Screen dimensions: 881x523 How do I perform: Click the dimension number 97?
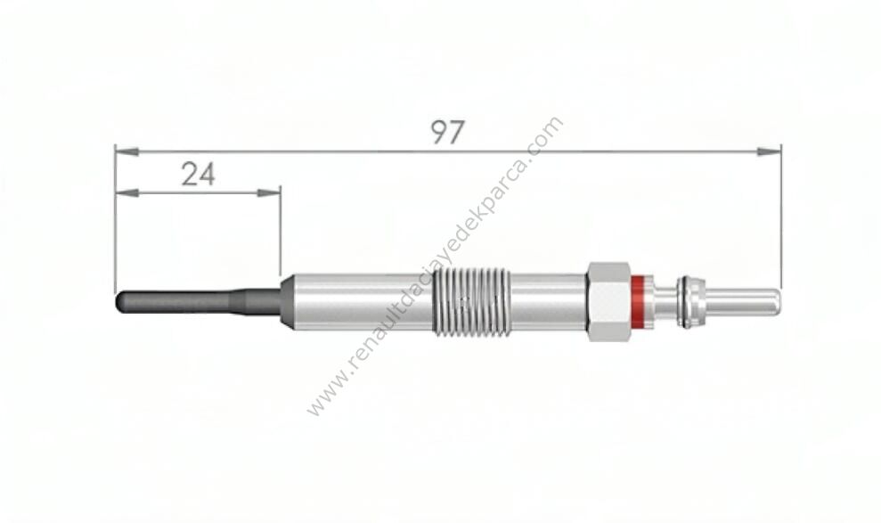[x=448, y=133]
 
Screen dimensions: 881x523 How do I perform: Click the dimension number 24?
[x=199, y=175]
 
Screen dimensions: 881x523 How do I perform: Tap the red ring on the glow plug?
[x=638, y=300]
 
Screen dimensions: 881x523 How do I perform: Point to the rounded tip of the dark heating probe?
[x=119, y=302]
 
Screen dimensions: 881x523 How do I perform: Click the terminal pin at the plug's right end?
[x=742, y=301]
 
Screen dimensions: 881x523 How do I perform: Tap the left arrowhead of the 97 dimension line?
[x=127, y=151]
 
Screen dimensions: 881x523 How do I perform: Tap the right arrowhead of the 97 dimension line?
[x=769, y=151]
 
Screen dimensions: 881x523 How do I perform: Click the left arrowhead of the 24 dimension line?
[x=127, y=193]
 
